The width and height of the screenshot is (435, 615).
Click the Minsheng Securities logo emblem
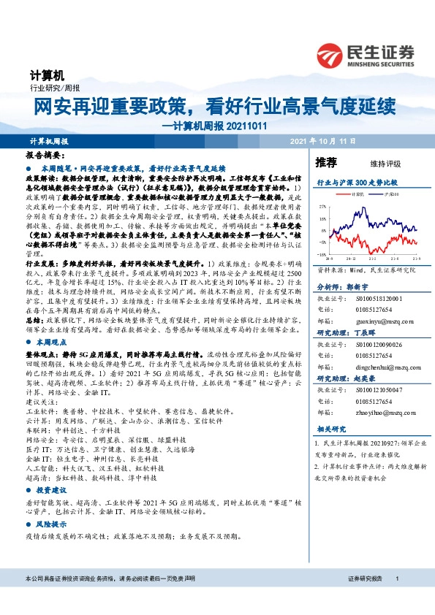point(335,54)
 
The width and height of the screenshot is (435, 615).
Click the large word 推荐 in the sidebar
point(325,162)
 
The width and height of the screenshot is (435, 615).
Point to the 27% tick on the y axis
point(322,207)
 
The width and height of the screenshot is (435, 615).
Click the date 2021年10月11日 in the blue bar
point(322,140)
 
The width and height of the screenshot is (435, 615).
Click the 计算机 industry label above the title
point(48,75)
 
